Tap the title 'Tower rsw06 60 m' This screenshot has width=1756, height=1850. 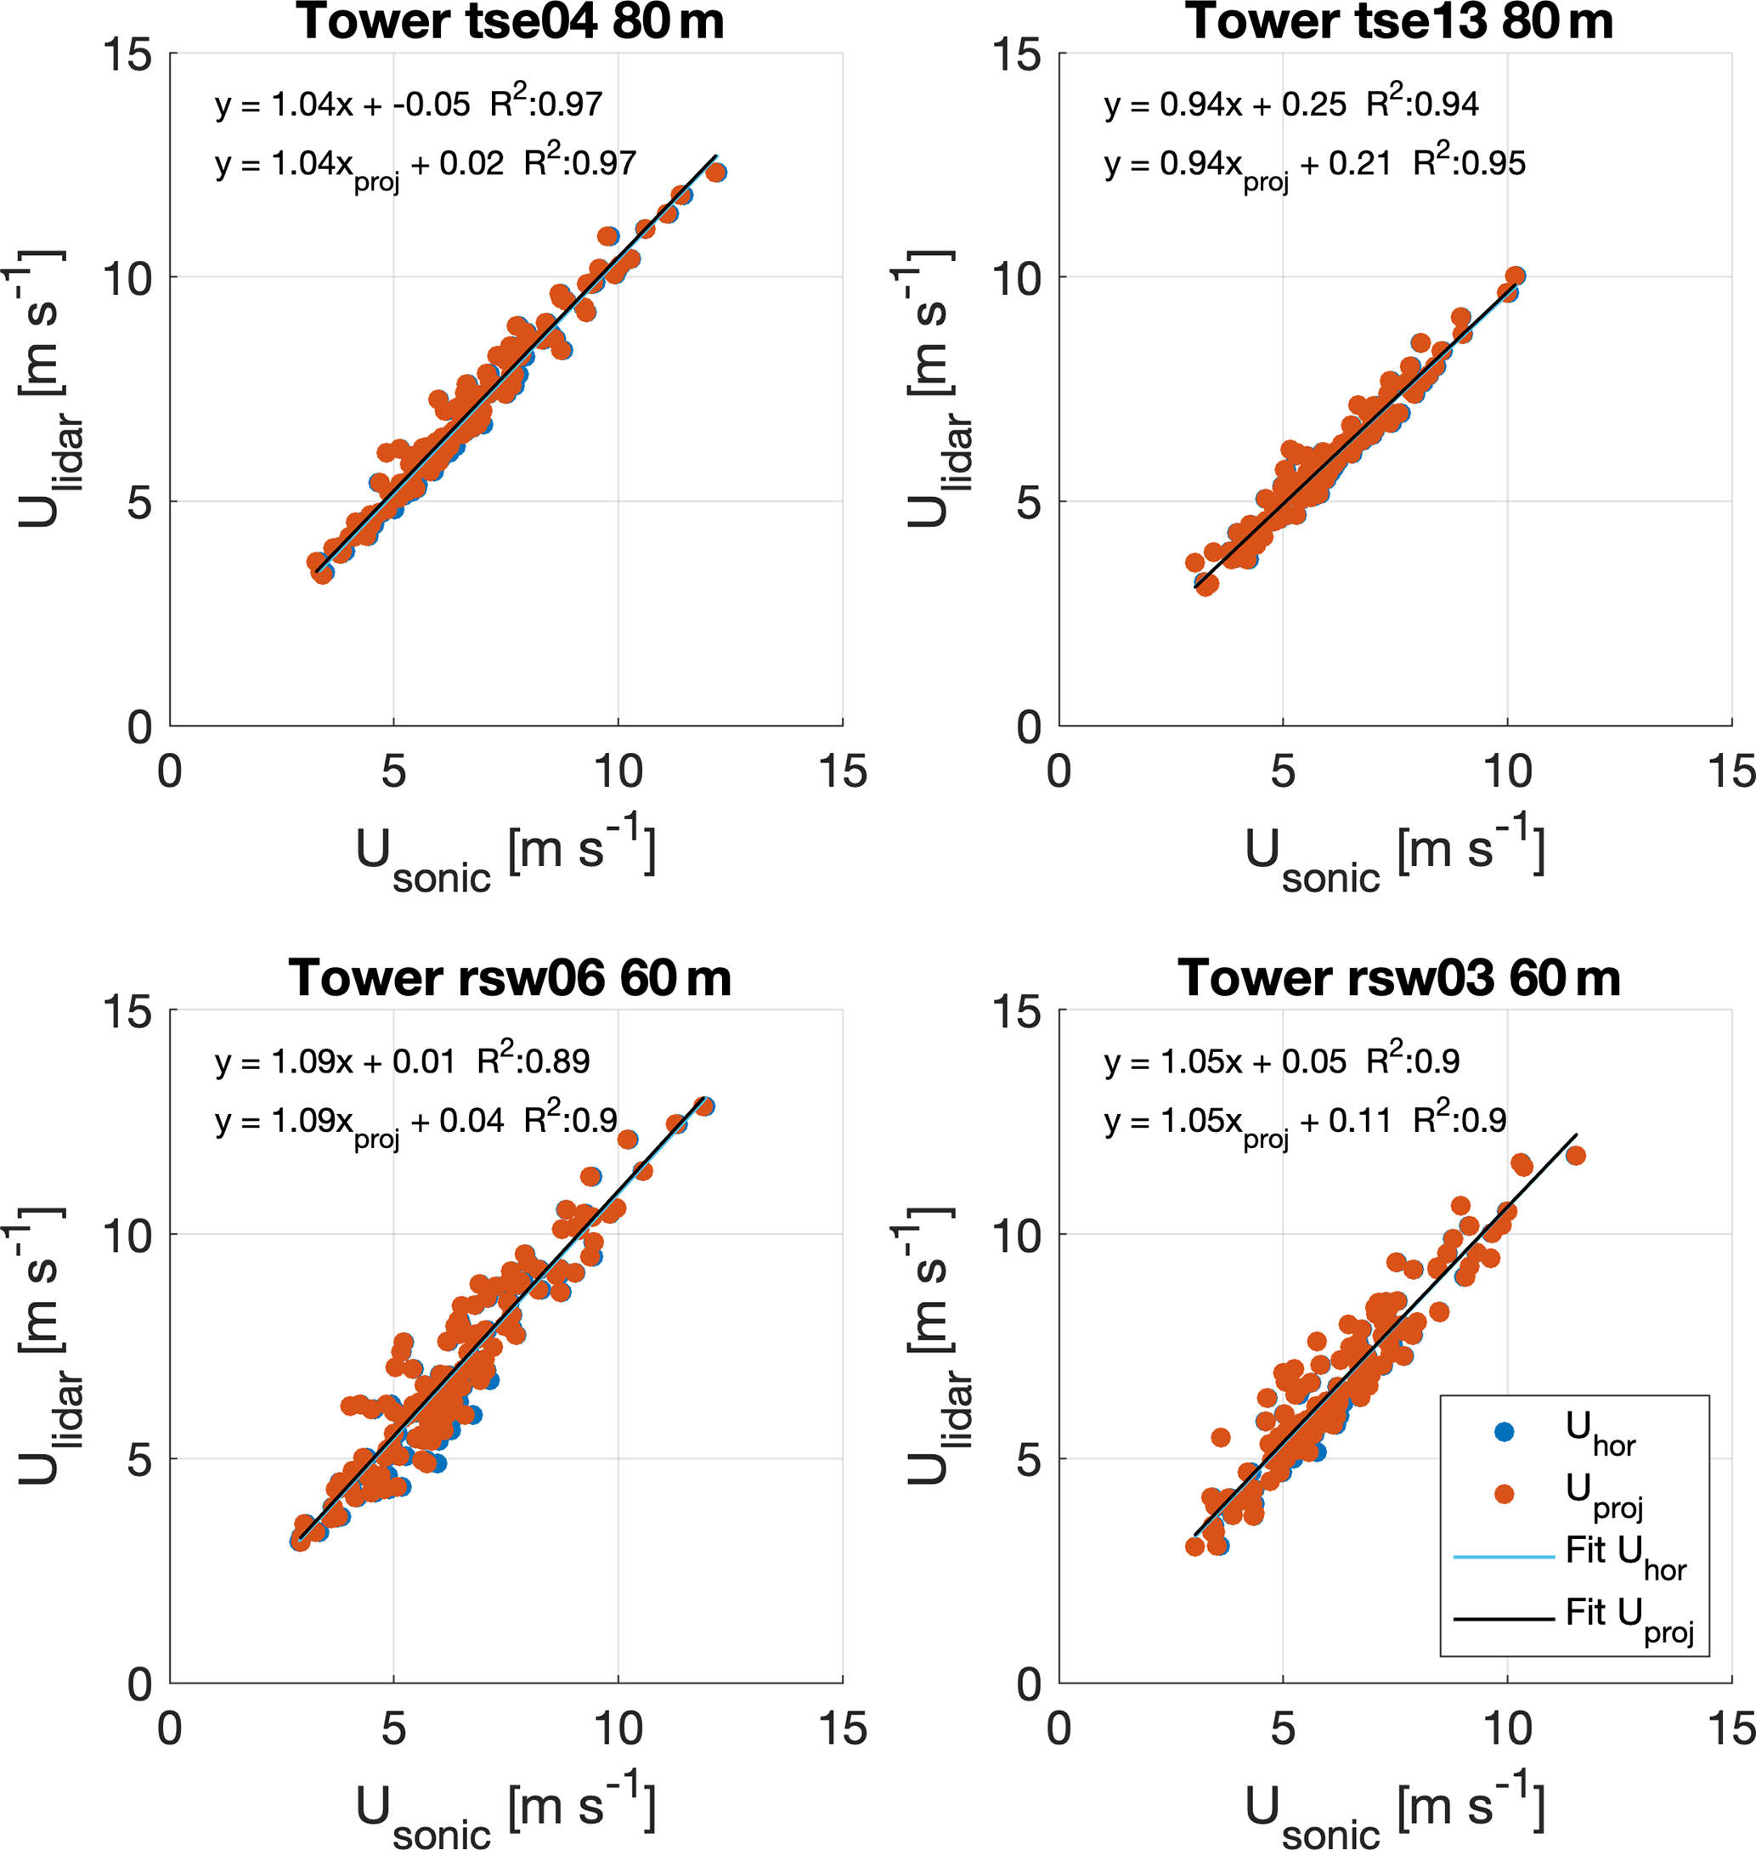tap(510, 978)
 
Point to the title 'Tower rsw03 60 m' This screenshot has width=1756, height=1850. tap(1399, 978)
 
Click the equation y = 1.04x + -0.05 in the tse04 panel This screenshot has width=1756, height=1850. tap(342, 105)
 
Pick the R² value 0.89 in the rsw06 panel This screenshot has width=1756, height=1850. tap(534, 1061)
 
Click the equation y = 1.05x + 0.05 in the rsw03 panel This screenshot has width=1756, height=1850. tap(1225, 1061)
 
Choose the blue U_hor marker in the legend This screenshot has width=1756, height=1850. tap(1505, 1433)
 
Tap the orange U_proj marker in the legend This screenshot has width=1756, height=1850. tap(1505, 1494)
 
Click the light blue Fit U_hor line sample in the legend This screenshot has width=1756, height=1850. tap(1504, 1557)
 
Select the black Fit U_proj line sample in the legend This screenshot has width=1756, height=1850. tap(1504, 1619)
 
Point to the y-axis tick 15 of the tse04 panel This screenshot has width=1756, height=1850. tap(127, 54)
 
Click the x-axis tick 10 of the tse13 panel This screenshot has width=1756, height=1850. tap(1507, 772)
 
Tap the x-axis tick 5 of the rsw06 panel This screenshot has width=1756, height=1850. tap(393, 1729)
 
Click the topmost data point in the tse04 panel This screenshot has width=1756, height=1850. tap(716, 172)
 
